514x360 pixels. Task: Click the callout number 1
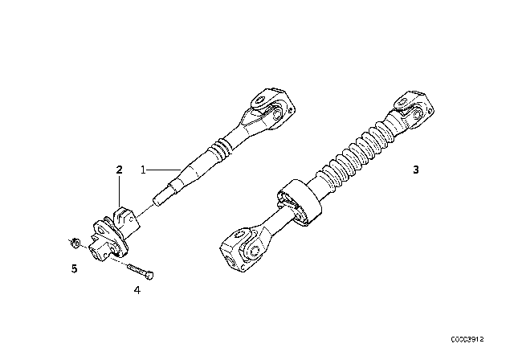[143, 170]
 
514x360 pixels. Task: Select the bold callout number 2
[120, 170]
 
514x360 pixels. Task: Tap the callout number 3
[416, 170]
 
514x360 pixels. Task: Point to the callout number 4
[137, 290]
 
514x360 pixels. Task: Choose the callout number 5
[75, 269]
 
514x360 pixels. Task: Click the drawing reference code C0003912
[467, 339]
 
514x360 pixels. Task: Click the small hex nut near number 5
[75, 243]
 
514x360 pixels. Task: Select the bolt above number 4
[140, 271]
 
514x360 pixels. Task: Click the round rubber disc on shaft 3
[300, 202]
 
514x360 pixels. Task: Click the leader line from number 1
[164, 170]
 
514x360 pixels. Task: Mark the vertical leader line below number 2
[120, 192]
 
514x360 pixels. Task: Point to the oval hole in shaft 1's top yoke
[261, 101]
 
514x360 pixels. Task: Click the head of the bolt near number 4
[150, 276]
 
